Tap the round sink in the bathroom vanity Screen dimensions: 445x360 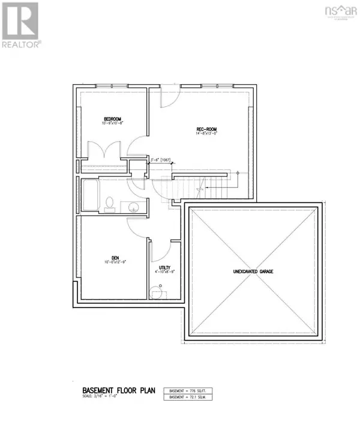(x=133, y=208)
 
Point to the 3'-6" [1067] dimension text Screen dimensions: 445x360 (x=161, y=160)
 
